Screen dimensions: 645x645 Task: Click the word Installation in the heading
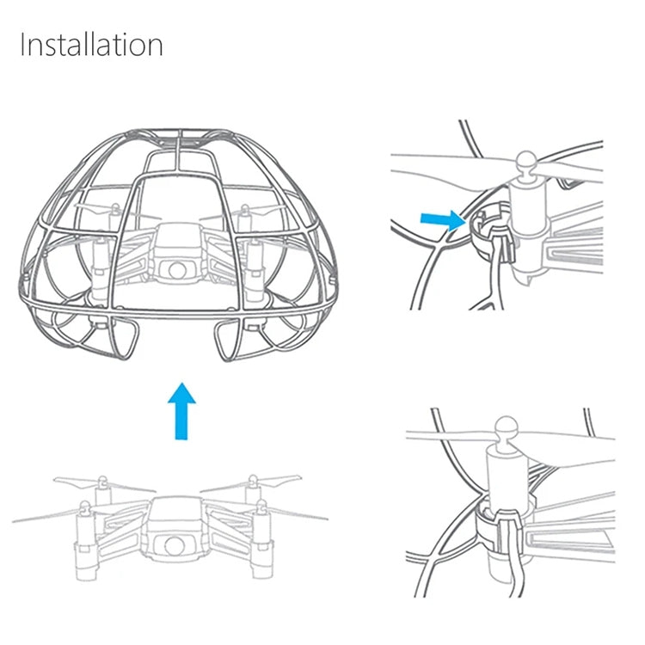pos(91,45)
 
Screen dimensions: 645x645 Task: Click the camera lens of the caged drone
pos(177,269)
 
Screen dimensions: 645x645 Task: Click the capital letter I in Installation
pos(23,45)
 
